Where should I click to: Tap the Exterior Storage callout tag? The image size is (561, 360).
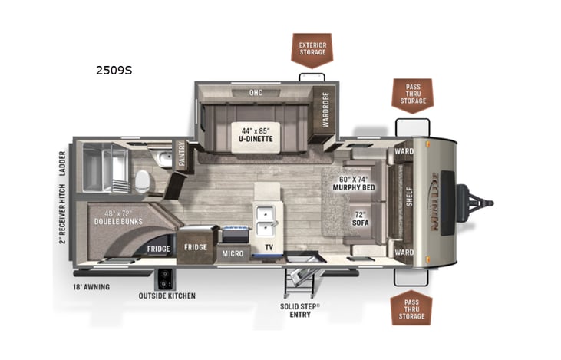coord(312,49)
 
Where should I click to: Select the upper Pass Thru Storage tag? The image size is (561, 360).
coord(413,94)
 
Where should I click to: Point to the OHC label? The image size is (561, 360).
coord(256,93)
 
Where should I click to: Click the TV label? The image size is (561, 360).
coord(269,248)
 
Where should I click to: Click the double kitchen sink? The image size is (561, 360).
coord(266,219)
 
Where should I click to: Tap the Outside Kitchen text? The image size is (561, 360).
coord(167,296)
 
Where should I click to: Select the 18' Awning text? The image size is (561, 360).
coord(91,287)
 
